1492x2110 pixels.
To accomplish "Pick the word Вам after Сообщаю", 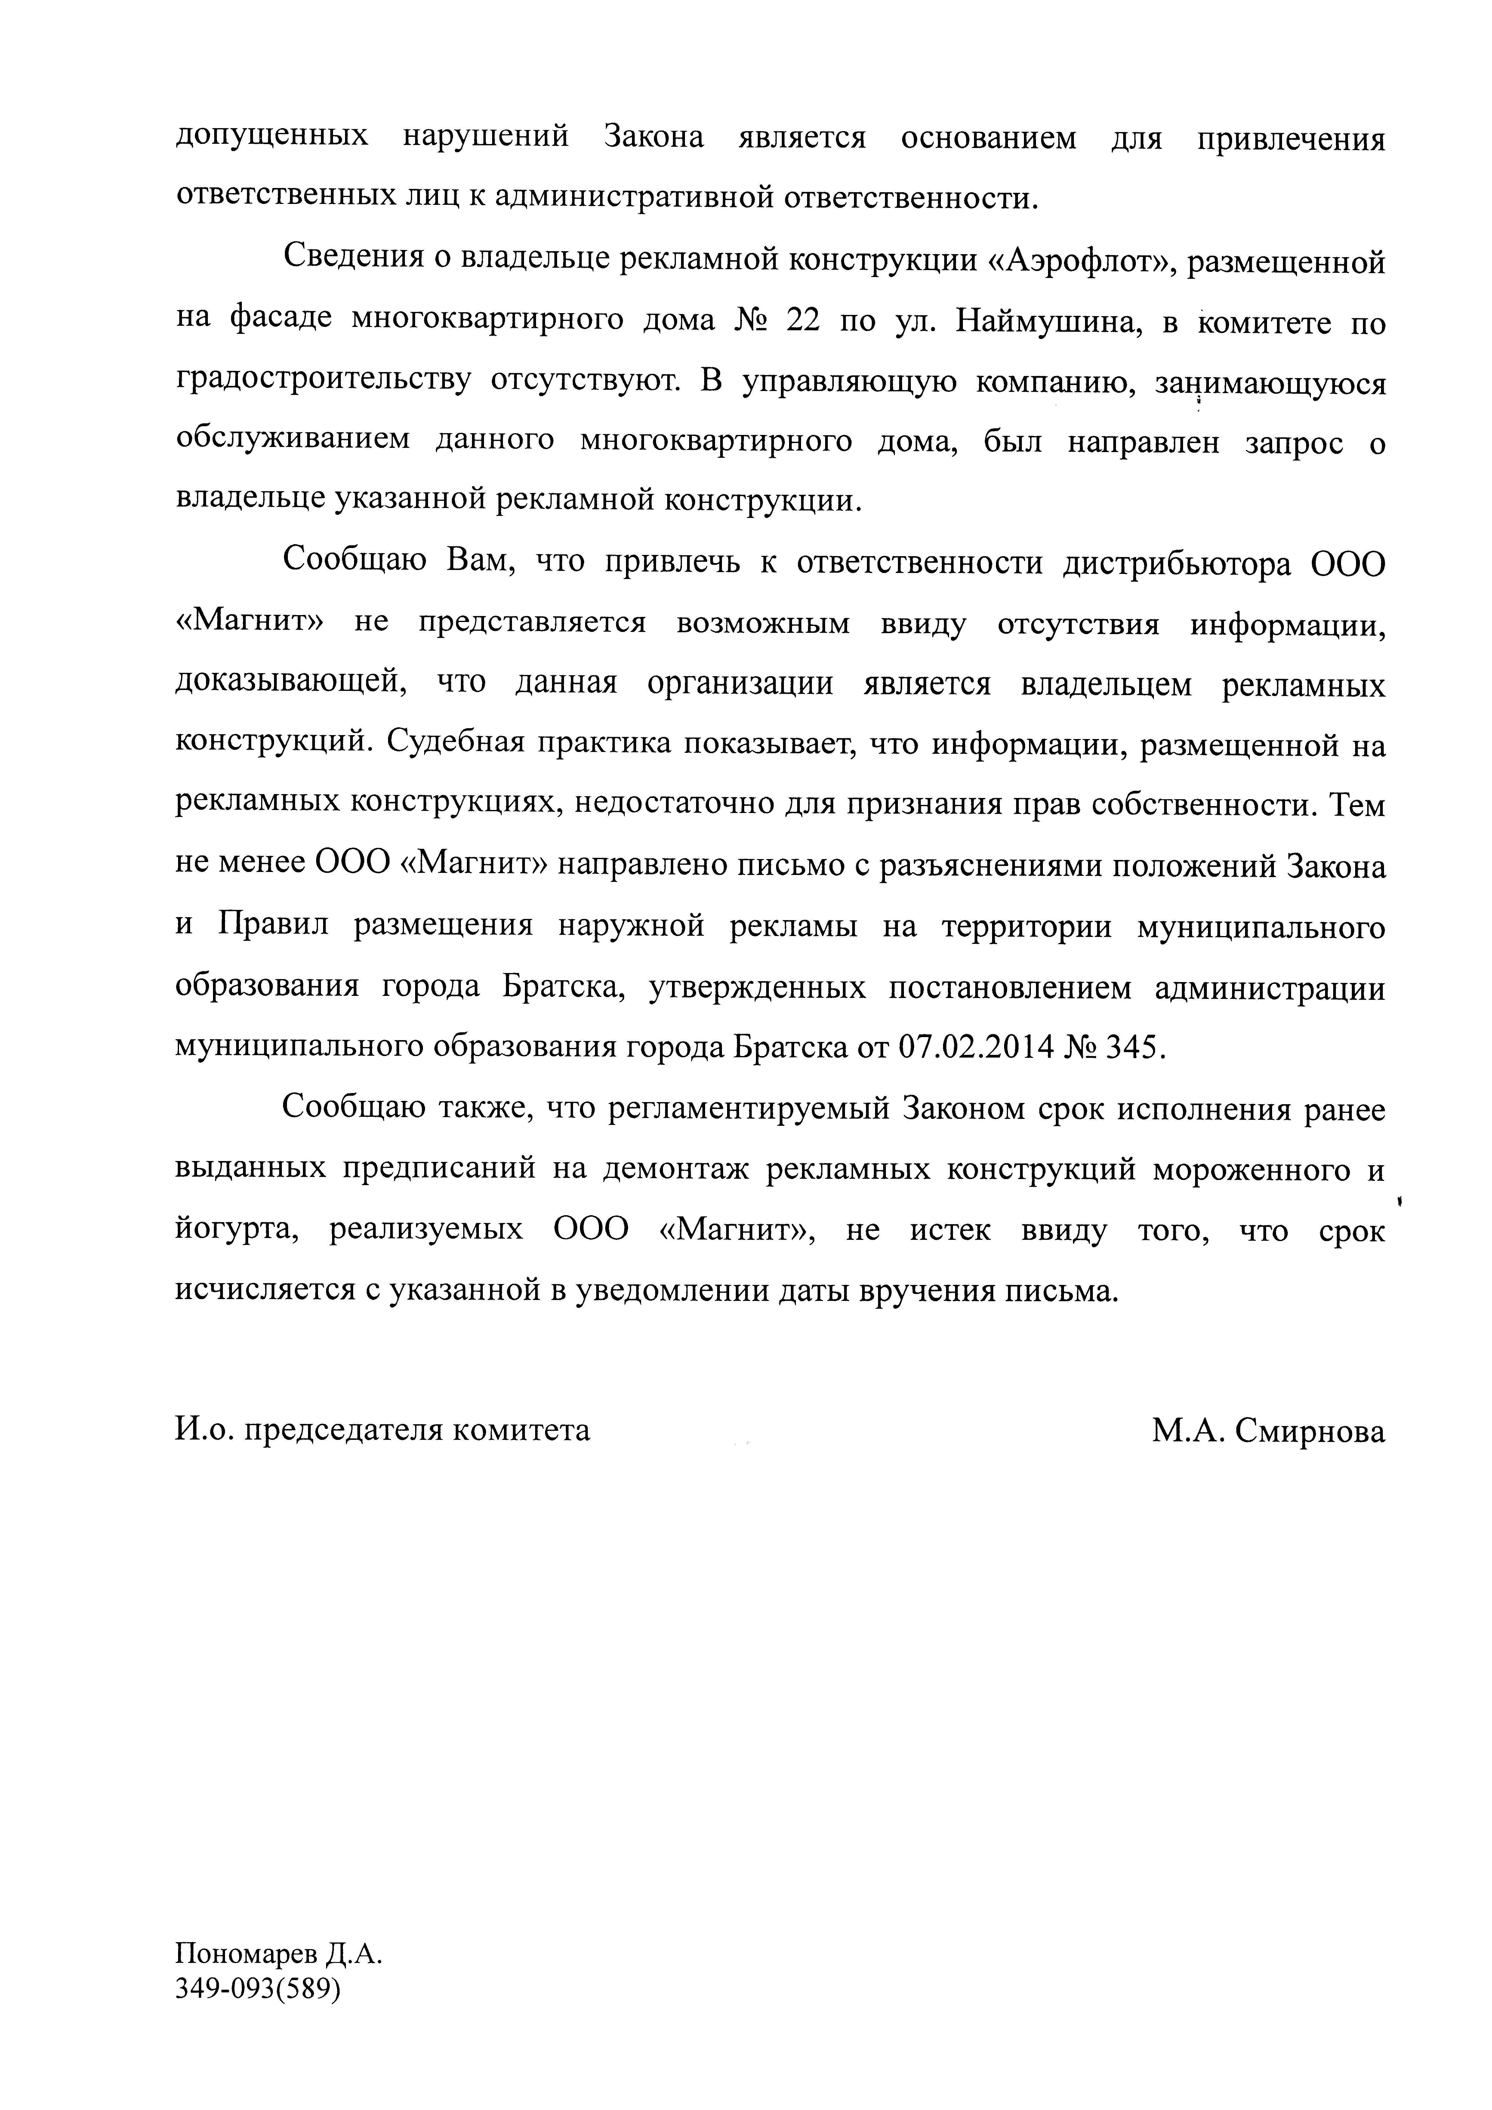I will (x=477, y=562).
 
